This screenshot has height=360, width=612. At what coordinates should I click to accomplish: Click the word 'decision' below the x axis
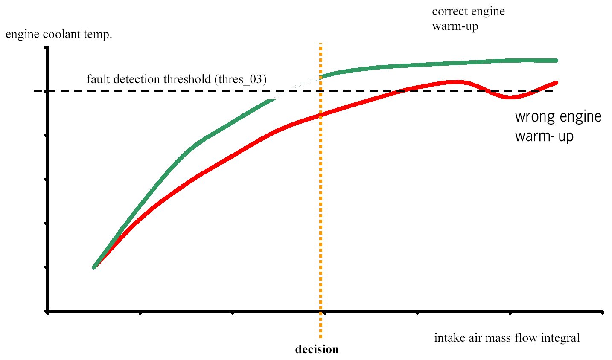pyautogui.click(x=317, y=349)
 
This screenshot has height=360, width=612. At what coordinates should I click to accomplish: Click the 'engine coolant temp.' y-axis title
pyautogui.click(x=59, y=35)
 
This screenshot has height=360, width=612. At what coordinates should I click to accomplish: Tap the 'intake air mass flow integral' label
pyautogui.click(x=507, y=338)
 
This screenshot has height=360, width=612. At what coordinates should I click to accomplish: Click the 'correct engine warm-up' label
pyautogui.click(x=468, y=18)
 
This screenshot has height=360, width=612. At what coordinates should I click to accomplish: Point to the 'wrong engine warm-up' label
pyautogui.click(x=558, y=126)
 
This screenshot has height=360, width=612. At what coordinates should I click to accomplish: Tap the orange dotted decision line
pyautogui.click(x=321, y=213)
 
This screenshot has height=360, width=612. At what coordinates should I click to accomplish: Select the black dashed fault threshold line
pyautogui.click(x=171, y=91)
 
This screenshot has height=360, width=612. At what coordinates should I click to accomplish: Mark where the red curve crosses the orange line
pyautogui.click(x=321, y=115)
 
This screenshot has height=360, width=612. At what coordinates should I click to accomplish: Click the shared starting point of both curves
pyautogui.click(x=94, y=267)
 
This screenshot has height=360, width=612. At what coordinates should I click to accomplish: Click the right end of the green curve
pyautogui.click(x=556, y=61)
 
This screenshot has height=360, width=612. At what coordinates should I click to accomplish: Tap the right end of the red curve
pyautogui.click(x=556, y=82)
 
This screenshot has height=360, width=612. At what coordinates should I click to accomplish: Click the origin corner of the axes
pyautogui.click(x=47, y=312)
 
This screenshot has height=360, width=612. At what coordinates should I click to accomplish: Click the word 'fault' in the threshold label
pyautogui.click(x=98, y=79)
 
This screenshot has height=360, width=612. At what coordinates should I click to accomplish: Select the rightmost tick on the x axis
pyautogui.click(x=602, y=313)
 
